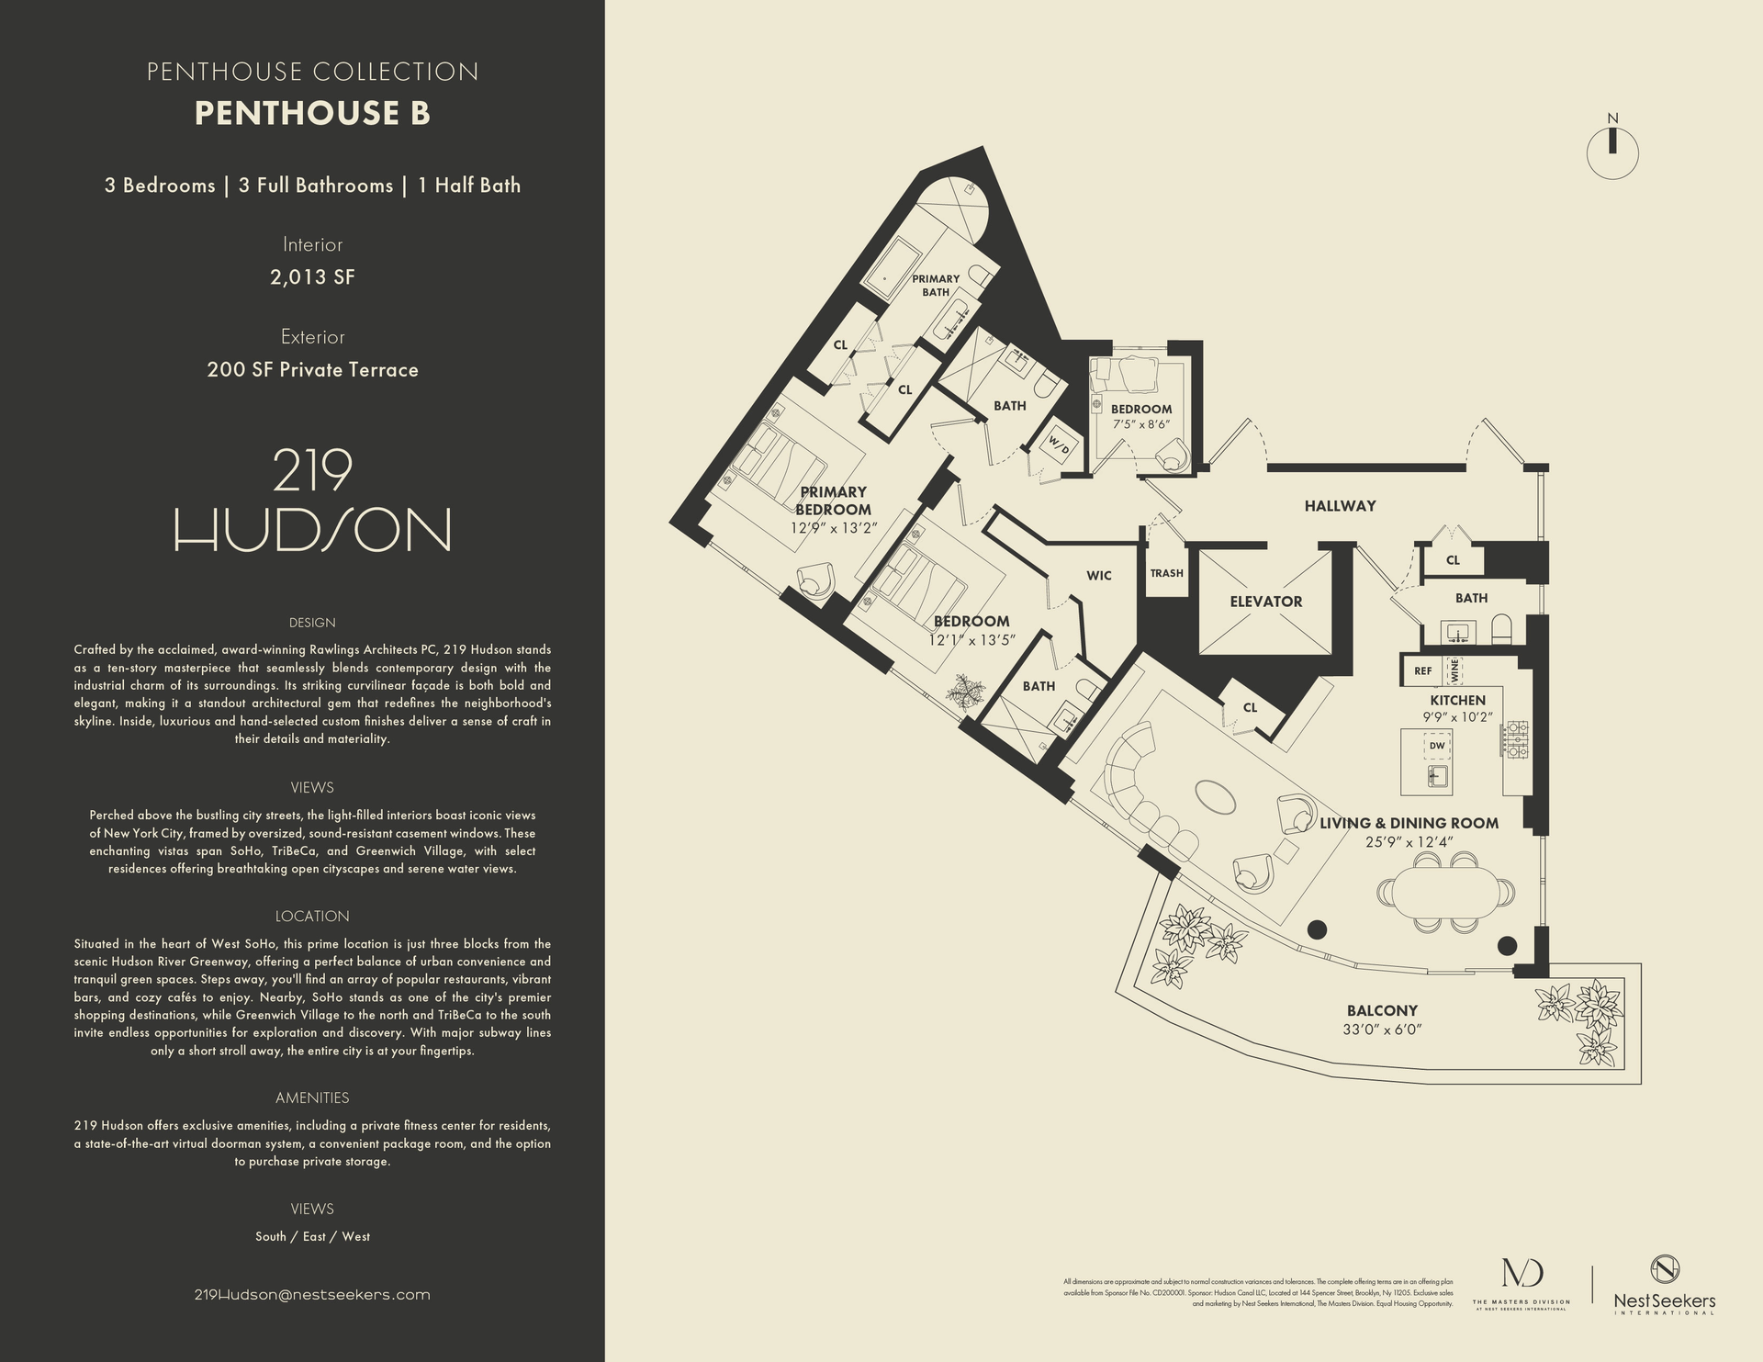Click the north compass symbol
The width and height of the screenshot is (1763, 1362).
click(1612, 152)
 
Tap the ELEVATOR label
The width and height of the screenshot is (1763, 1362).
click(1266, 602)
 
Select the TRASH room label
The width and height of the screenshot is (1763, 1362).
click(1166, 573)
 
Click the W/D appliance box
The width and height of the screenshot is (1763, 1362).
click(1059, 447)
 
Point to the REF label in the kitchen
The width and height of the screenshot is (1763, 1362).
click(1422, 671)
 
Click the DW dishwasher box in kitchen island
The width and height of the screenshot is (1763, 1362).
click(1437, 746)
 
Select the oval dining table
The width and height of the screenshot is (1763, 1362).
click(1446, 892)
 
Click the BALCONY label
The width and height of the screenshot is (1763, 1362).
click(1382, 1010)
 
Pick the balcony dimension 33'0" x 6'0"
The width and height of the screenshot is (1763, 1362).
click(1382, 1030)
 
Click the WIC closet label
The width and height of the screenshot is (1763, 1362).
click(1098, 576)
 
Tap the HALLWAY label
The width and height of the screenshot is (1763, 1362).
click(1340, 506)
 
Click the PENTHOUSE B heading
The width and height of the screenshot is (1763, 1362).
click(312, 113)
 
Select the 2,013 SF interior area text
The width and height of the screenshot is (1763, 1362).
click(312, 277)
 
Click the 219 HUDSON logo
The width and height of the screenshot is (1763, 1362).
click(312, 501)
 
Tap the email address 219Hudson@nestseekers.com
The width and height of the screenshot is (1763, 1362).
click(312, 1294)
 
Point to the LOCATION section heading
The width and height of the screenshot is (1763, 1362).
click(312, 916)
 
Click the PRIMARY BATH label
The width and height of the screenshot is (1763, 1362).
click(935, 285)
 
